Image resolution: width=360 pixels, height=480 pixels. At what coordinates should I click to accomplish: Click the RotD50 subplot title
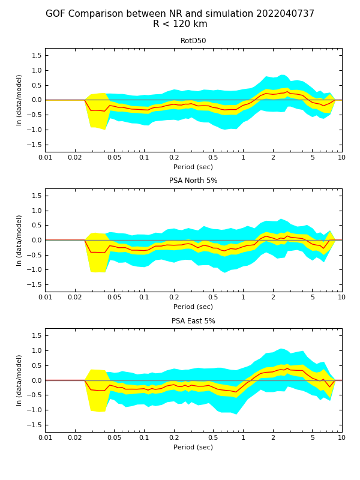point(193,41)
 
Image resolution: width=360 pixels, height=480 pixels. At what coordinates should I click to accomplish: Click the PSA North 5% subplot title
point(193,181)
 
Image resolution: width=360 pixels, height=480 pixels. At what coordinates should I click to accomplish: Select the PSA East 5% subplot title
point(193,321)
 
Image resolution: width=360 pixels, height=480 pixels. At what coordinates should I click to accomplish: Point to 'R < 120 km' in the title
point(180,25)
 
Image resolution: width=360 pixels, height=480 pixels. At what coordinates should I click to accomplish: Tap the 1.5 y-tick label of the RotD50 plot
point(36,55)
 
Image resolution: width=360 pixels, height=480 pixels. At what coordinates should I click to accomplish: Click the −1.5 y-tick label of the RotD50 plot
point(34,145)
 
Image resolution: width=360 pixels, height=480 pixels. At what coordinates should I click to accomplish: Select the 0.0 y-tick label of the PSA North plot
point(36,240)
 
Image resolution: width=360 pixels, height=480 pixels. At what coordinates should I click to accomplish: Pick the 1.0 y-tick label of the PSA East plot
point(36,350)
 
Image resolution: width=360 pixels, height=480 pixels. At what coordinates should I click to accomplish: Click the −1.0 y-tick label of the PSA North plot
point(34,270)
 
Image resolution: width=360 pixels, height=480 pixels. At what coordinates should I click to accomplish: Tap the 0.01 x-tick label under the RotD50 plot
point(45,158)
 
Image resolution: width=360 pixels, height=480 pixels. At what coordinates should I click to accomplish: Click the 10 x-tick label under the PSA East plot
point(342,438)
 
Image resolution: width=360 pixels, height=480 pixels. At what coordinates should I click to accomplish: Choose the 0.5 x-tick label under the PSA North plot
point(213,298)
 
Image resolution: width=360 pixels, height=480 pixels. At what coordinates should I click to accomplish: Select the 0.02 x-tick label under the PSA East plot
point(75,438)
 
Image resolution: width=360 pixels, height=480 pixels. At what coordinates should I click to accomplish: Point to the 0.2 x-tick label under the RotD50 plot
point(174,158)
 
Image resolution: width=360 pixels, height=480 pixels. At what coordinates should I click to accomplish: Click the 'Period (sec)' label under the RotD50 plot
point(193,167)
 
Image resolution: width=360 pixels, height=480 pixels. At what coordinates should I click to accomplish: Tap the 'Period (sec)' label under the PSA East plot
point(193,447)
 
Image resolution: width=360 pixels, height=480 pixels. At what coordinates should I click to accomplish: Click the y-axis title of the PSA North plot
point(19,240)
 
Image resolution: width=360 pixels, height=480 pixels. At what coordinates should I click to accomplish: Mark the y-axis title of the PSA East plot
point(19,380)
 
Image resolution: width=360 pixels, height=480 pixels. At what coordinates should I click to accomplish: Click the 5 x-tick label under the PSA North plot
point(312,298)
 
